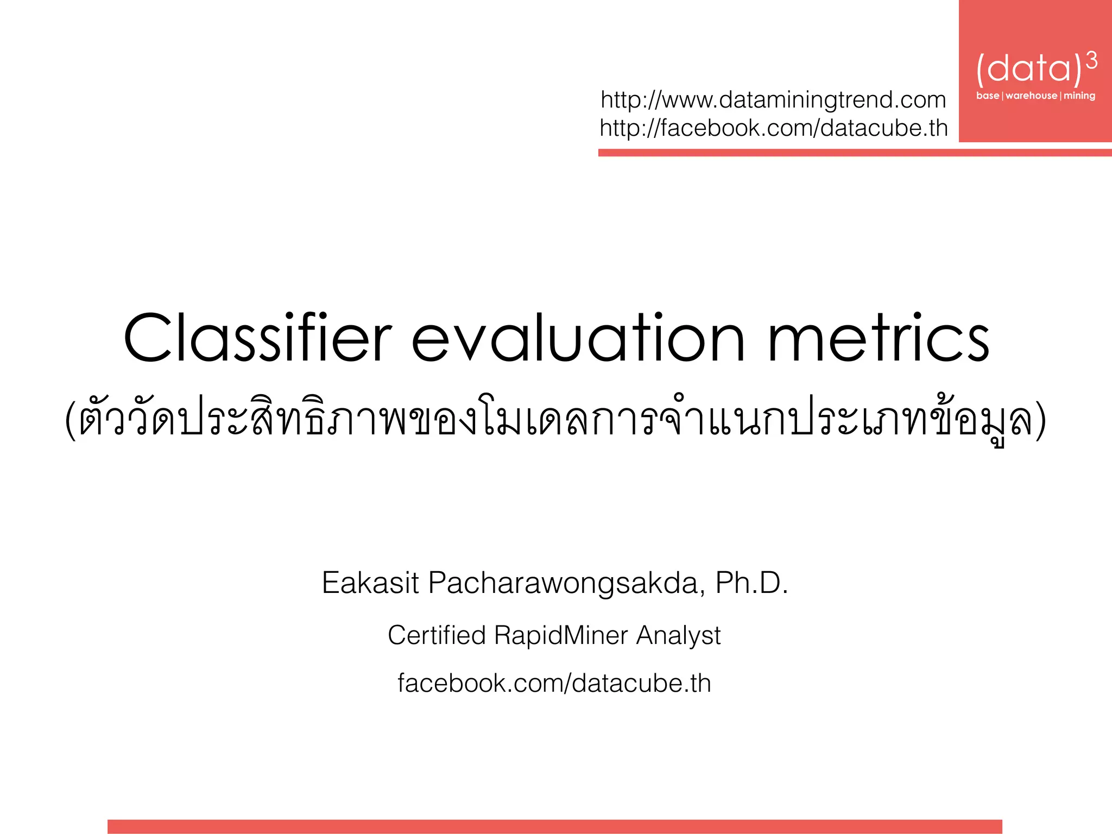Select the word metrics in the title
879,339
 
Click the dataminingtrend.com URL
773,100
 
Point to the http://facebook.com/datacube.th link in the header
774,128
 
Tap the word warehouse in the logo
1031,96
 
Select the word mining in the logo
1079,96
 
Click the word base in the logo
988,96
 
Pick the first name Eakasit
370,583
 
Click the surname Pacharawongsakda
567,583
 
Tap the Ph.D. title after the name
751,583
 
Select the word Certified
437,635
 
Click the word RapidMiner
561,635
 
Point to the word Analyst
678,635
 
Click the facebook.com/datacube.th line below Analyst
554,683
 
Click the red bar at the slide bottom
554,826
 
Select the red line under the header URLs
855,153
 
